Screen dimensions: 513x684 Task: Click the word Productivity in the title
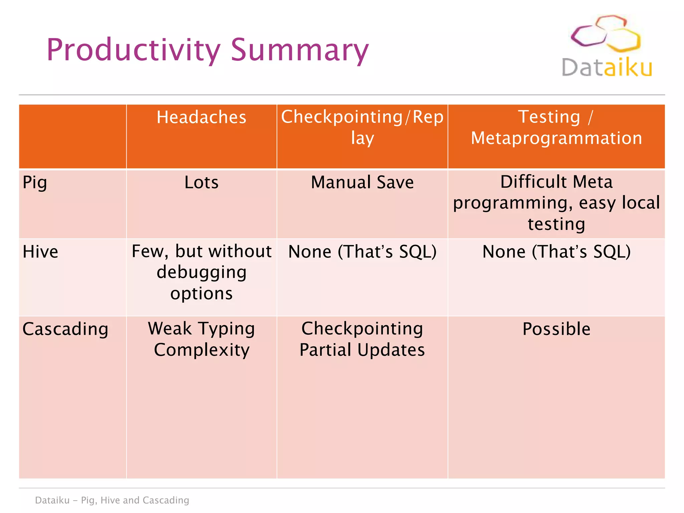(x=133, y=50)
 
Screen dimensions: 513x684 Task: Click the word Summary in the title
(x=300, y=50)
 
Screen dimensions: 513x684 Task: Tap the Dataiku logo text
(x=607, y=68)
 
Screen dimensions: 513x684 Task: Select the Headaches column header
(x=201, y=117)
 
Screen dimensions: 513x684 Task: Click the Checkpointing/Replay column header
(x=362, y=127)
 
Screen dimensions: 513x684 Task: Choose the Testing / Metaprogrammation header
(x=556, y=127)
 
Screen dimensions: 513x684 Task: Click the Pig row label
(x=35, y=183)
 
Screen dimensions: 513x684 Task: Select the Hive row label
(x=40, y=251)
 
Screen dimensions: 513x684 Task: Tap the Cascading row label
(x=65, y=329)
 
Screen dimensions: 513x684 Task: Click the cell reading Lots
(x=201, y=182)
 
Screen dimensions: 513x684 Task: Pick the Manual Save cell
(x=362, y=182)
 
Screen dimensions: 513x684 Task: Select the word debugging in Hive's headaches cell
(x=201, y=272)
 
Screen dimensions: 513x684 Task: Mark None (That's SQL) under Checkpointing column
(x=362, y=251)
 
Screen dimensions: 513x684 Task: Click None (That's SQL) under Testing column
(x=556, y=251)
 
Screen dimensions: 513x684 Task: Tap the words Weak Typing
(x=201, y=329)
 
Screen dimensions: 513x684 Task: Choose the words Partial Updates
(x=362, y=350)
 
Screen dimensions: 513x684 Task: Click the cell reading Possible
(x=556, y=329)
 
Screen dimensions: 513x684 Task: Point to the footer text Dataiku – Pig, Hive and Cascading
(x=112, y=500)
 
